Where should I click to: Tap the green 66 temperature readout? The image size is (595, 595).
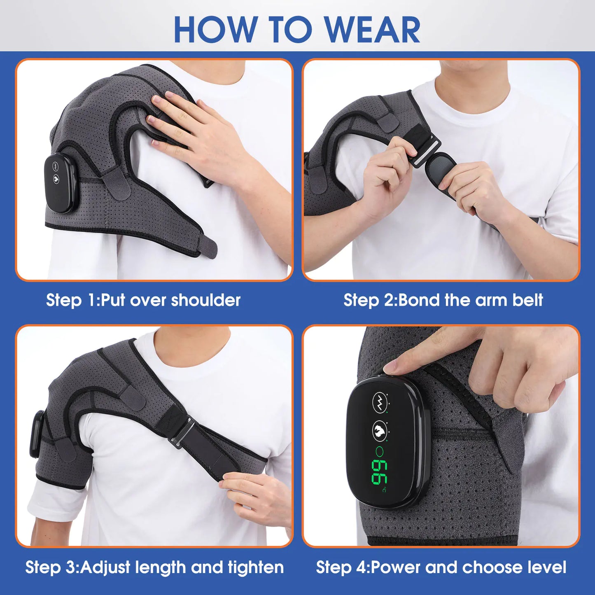click(379, 472)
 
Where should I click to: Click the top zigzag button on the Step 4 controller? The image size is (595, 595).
click(380, 402)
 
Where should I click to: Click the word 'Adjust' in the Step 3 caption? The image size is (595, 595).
click(105, 567)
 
